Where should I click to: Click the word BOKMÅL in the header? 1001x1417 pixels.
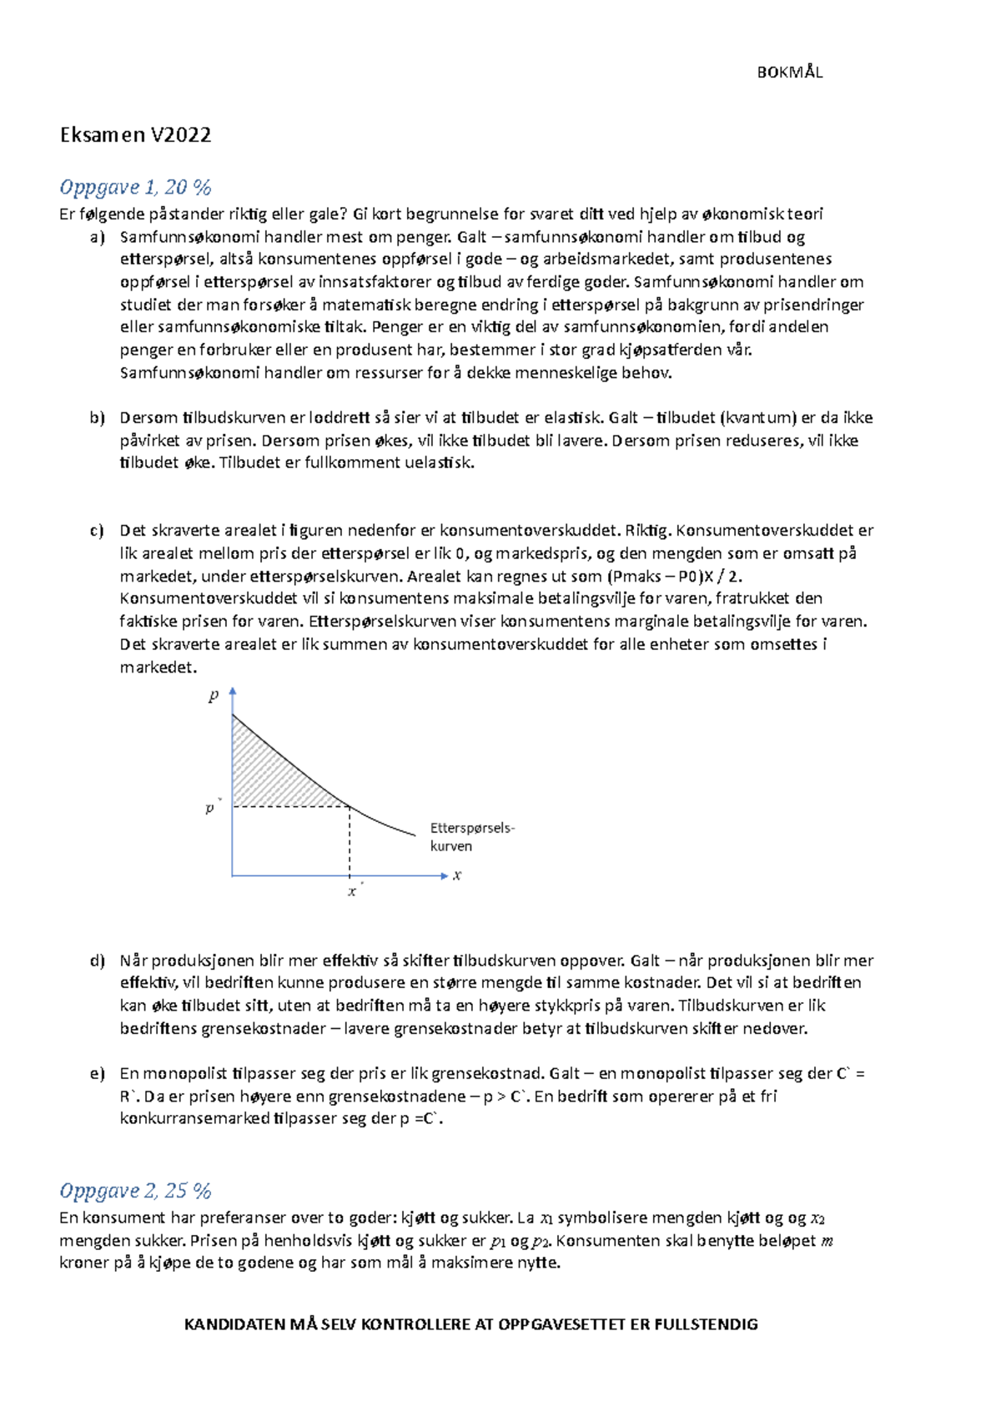click(x=789, y=73)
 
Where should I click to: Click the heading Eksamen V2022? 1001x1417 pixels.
click(x=135, y=135)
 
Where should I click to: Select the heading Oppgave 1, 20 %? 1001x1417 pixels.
click(x=135, y=187)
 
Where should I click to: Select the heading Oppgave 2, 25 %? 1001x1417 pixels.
click(x=135, y=1191)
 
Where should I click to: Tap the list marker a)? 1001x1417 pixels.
click(x=98, y=237)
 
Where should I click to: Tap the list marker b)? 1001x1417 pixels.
click(x=98, y=418)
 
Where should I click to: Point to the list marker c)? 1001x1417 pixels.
click(x=98, y=531)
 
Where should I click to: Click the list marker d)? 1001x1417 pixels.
click(x=98, y=961)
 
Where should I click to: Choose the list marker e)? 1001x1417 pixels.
click(x=98, y=1074)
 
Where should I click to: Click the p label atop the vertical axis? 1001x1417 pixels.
click(x=214, y=695)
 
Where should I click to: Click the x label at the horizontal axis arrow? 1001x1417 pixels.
click(x=457, y=875)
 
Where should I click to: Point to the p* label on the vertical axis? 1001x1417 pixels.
click(x=211, y=808)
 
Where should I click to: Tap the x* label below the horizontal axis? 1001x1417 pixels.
click(x=354, y=892)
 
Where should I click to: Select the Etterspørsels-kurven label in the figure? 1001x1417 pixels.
click(x=471, y=837)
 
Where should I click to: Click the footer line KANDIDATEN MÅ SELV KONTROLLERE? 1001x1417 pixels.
click(x=470, y=1324)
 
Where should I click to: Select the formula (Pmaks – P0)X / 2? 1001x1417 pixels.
click(x=674, y=577)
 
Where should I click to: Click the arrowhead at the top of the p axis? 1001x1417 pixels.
click(x=233, y=692)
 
